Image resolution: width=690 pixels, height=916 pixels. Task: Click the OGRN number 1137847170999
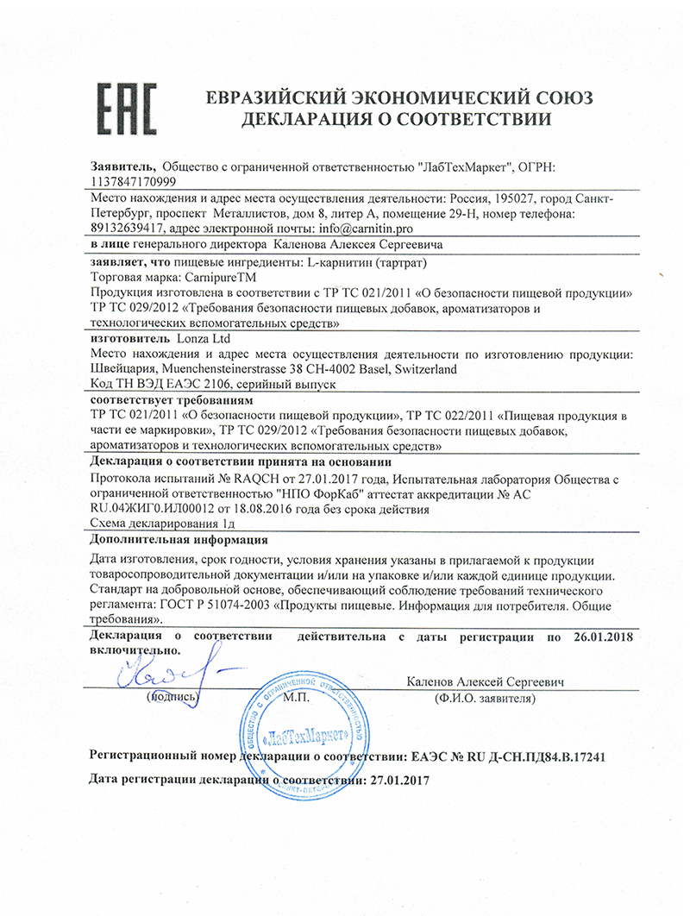tap(133, 182)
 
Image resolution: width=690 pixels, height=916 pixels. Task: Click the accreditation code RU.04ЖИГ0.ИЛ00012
tap(159, 510)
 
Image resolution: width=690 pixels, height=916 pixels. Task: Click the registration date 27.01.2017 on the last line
tap(398, 780)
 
